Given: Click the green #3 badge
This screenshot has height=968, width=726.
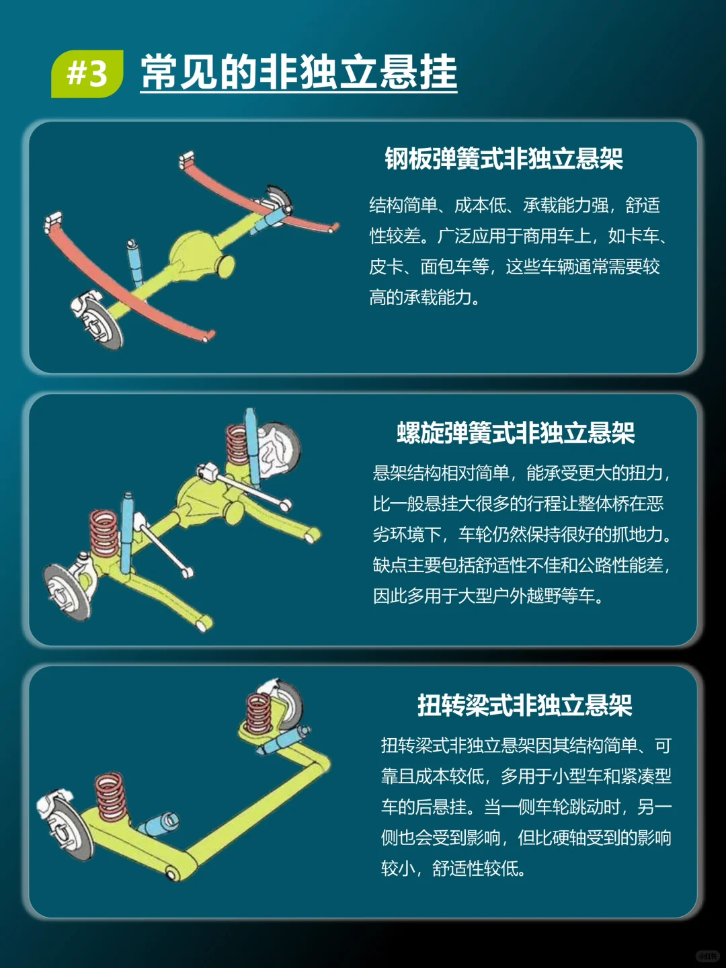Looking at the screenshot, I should click(87, 73).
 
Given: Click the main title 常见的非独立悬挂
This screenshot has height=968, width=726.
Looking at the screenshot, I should click(298, 73).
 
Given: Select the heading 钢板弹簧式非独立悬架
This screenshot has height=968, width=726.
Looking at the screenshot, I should click(503, 159).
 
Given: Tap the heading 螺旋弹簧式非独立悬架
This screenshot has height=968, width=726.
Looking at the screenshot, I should click(516, 433).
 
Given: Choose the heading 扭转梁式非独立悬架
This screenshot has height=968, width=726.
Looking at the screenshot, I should click(524, 705).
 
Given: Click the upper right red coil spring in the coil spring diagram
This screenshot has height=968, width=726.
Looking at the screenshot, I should click(237, 444).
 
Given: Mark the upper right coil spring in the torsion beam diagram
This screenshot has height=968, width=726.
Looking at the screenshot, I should click(259, 713).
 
